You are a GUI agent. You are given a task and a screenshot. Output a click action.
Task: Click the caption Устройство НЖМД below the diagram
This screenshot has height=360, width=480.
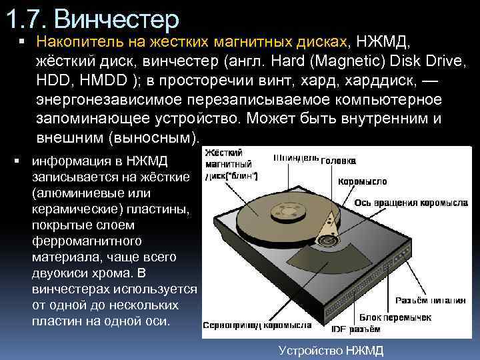pos(331,350)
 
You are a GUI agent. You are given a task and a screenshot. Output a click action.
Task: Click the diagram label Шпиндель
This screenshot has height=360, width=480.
pos(296,159)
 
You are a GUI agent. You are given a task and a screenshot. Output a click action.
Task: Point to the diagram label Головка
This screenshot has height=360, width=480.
pos(338,161)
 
